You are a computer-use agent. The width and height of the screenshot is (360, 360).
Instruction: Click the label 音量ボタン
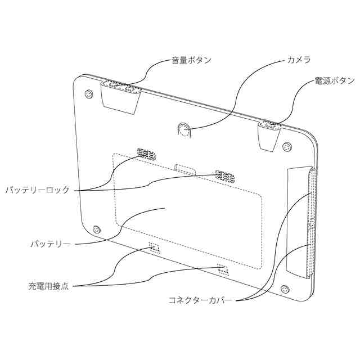[191, 61]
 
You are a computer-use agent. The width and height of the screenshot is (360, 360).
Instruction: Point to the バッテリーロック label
[38, 190]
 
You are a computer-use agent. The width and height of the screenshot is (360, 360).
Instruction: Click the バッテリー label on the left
[50, 245]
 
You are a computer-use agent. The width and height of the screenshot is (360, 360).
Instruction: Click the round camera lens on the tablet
[183, 130]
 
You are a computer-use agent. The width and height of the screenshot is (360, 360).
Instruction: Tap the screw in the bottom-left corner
[97, 229]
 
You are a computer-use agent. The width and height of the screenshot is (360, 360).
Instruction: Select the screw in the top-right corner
[287, 147]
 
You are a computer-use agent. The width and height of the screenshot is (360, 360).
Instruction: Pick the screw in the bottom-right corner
[285, 290]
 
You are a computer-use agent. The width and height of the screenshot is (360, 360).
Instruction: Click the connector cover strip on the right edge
[311, 222]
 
